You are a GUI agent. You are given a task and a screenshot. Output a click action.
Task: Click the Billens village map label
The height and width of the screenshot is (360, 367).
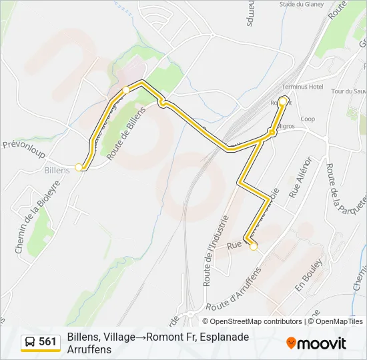tap(57, 171)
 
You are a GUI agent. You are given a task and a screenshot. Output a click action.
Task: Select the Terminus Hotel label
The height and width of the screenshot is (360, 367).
tap(302, 87)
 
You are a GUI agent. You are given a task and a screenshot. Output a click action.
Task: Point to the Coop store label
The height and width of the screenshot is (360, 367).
tap(308, 119)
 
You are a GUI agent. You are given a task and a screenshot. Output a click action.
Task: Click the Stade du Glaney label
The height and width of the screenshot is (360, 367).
tap(302, 4)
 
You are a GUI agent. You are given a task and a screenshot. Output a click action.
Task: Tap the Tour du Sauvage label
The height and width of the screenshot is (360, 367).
tap(347, 91)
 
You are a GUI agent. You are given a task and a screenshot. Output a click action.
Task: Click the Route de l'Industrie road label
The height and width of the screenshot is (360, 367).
tap(216, 250)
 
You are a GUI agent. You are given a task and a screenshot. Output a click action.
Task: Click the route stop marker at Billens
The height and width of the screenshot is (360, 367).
tap(79, 167)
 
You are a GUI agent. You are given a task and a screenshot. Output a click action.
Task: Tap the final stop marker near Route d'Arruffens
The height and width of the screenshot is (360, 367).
tap(254, 247)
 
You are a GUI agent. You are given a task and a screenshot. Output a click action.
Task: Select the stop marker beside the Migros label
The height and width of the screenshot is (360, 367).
tap(272, 133)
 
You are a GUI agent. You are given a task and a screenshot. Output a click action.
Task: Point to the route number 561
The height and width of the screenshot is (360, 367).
tap(47, 342)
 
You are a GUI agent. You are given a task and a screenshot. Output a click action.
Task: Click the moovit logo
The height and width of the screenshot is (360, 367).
tap(317, 343)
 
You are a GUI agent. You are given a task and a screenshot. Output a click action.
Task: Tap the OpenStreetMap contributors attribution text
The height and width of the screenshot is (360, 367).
tap(247, 321)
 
